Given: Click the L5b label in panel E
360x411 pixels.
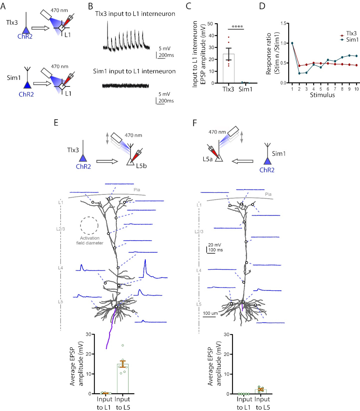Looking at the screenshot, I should click(x=143, y=164).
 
